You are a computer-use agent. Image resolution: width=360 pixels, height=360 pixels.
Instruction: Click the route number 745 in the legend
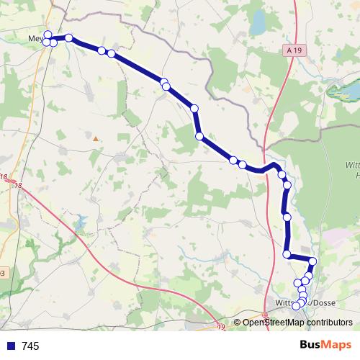pos(30,346)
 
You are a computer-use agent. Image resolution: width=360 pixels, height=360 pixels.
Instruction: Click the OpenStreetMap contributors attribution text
pos(297,323)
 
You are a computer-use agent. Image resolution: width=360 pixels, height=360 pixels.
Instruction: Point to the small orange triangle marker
pos(94,138)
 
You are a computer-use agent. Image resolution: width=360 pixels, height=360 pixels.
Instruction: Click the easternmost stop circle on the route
pos(312,261)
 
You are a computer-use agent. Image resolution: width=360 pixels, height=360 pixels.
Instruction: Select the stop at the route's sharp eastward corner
pos(287,253)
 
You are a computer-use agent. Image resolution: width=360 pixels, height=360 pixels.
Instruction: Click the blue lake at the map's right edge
pos(343,91)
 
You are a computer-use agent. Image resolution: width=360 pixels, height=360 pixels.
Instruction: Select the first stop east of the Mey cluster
pos(69,37)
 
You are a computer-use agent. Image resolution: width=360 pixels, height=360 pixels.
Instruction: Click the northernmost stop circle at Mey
pos(48,35)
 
